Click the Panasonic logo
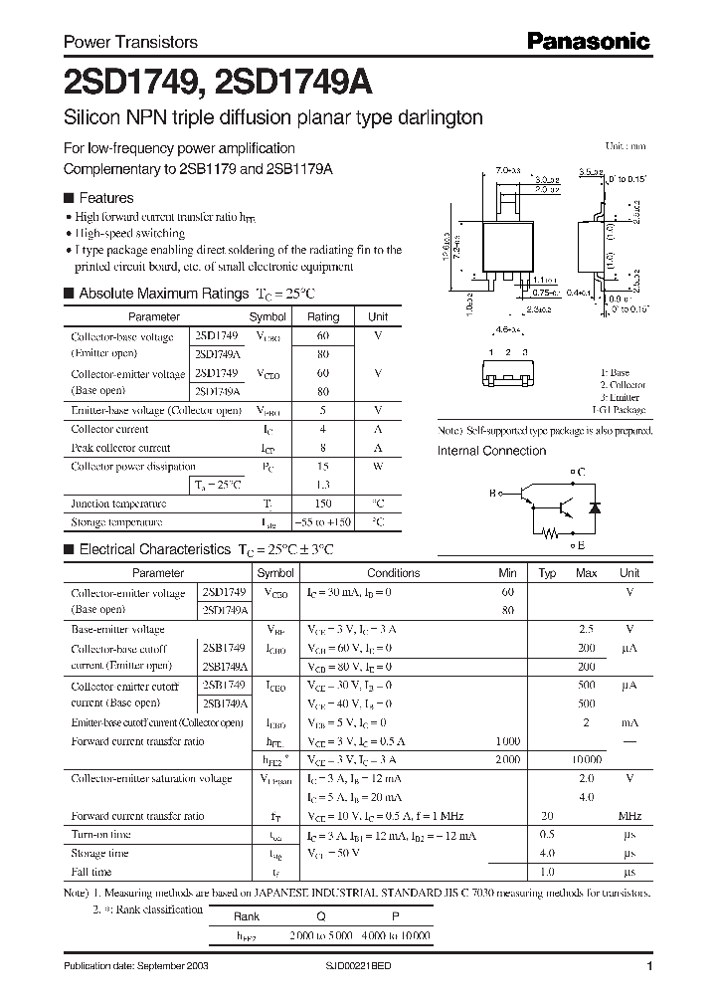tap(588, 42)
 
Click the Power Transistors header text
tap(130, 43)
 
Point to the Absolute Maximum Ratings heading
tap(163, 294)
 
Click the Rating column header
tap(323, 316)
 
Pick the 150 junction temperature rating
tap(323, 503)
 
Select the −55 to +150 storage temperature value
tap(323, 522)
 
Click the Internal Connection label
tap(491, 451)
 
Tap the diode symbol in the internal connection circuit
tap(595, 507)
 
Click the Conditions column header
tap(394, 573)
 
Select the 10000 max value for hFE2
tap(586, 759)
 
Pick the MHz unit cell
tap(629, 816)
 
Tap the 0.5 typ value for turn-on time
tap(547, 834)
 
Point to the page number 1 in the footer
tap(648, 967)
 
